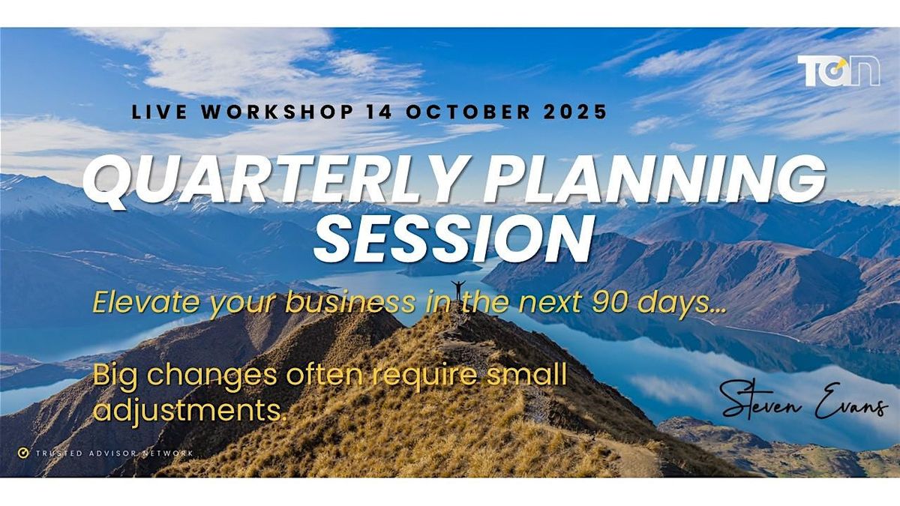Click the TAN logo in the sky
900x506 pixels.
click(x=838, y=71)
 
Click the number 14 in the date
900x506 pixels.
click(x=379, y=112)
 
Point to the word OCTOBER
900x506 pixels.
click(x=468, y=112)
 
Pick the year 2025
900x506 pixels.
click(x=575, y=112)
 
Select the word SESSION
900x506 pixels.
click(x=454, y=238)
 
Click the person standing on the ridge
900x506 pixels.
click(x=457, y=290)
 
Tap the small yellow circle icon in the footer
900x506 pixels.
click(x=23, y=453)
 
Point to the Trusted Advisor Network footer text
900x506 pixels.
click(x=115, y=454)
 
